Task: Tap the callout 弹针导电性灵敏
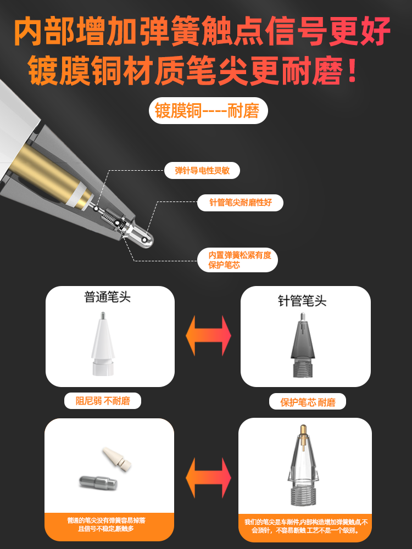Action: click(x=202, y=170)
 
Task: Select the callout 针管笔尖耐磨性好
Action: click(x=241, y=203)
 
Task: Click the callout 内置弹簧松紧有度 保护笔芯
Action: click(x=237, y=260)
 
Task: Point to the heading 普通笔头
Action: click(x=108, y=298)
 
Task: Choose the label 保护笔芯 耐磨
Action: click(x=308, y=402)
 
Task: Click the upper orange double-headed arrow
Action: click(x=208, y=335)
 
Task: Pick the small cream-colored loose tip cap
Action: click(x=118, y=459)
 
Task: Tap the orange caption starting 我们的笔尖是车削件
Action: click(x=306, y=526)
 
